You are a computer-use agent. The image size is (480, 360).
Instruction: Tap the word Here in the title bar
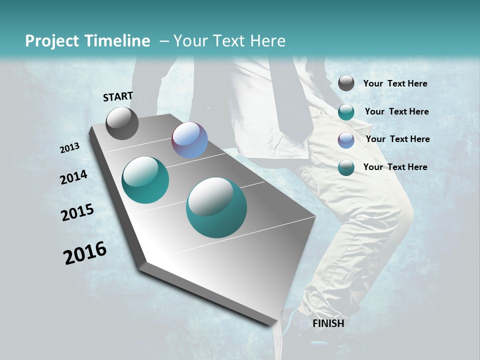(x=267, y=41)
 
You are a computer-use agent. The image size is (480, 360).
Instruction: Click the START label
(x=118, y=96)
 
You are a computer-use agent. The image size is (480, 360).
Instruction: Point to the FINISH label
(x=328, y=323)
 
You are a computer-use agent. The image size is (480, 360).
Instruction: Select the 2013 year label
(x=69, y=148)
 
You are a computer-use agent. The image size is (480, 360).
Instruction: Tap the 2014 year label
(x=73, y=177)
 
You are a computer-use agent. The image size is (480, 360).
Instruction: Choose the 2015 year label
(x=77, y=212)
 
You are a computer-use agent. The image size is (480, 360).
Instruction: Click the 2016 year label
(x=84, y=253)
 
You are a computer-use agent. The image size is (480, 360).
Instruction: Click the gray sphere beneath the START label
(x=122, y=123)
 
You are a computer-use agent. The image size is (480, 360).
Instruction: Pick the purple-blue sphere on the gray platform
(x=189, y=140)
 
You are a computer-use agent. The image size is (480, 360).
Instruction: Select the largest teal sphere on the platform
(x=216, y=207)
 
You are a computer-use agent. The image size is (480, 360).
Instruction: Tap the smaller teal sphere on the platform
(x=145, y=180)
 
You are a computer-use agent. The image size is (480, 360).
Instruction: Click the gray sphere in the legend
(x=346, y=83)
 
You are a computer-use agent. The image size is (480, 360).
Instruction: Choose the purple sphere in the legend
(x=346, y=140)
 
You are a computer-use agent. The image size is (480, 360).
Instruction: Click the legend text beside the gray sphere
(x=395, y=84)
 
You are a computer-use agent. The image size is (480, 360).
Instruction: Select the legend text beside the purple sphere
(x=397, y=139)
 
